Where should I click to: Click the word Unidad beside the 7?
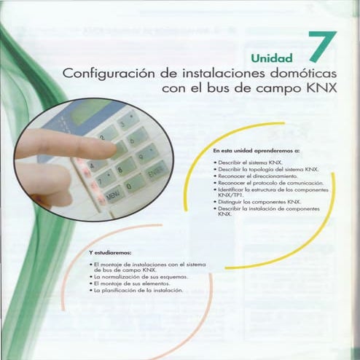pos(271,58)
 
